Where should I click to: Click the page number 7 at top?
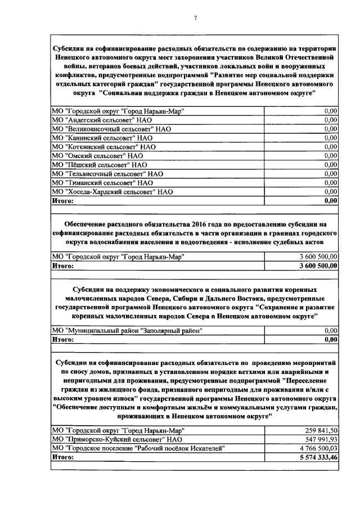195,18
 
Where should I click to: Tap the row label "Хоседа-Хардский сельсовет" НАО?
112,192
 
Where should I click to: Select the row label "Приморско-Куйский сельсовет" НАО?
116,440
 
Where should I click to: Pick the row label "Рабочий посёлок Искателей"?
137,449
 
